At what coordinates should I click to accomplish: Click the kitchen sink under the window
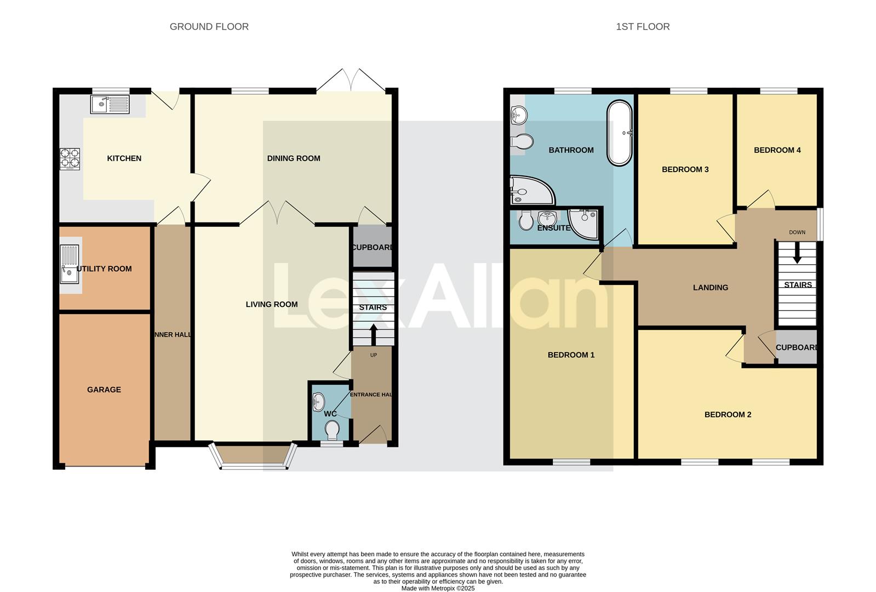coord(110,104)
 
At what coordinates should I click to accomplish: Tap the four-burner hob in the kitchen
coord(70,158)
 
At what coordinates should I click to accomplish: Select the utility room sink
coord(70,264)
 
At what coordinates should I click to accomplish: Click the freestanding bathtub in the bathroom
coord(620,133)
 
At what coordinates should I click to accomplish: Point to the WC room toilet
coord(331,430)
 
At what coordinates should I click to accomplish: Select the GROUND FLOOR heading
coord(209,26)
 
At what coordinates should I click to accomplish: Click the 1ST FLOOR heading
coord(643,26)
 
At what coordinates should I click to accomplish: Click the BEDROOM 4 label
coord(777,150)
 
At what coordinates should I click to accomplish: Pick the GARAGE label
coord(104,390)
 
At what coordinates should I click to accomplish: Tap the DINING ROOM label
coord(294,158)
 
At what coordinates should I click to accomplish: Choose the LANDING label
coord(710,287)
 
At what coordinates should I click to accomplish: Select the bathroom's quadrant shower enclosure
coord(529,190)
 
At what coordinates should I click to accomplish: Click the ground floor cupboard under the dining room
coord(371,247)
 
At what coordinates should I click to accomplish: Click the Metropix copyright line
coord(438,588)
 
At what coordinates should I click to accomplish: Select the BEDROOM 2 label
coord(728,414)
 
